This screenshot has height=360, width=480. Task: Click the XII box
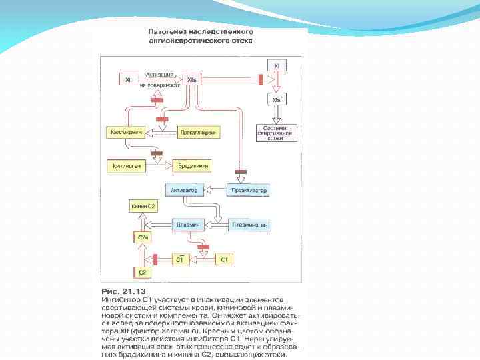point(129,81)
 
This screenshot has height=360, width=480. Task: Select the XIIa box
point(192,81)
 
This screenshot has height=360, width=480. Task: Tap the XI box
point(278,65)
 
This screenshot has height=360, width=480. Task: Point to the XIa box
point(278,100)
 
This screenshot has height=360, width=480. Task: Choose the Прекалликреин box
point(199,133)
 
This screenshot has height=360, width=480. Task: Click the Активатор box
point(185,191)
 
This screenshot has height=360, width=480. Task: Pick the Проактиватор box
point(249,191)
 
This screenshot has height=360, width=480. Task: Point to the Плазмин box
point(187,225)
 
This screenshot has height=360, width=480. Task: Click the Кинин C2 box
point(143,207)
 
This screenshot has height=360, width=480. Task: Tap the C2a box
point(143,237)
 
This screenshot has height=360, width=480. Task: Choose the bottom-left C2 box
point(143,272)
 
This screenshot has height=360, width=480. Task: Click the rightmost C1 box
point(225,258)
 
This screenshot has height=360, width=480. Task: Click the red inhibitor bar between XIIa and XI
point(259,81)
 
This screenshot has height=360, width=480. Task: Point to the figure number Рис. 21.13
point(121,292)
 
